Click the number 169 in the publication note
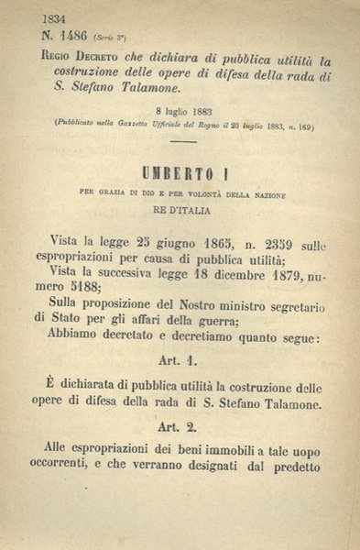point(300,126)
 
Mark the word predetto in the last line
point(291,464)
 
